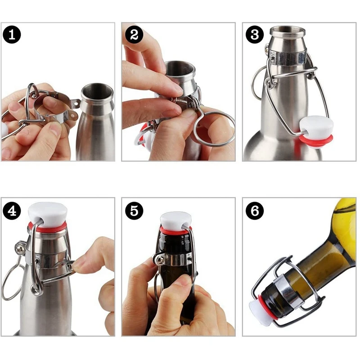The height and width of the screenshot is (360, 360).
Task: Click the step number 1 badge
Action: pos(12,35)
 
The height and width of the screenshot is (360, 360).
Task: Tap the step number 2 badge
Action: pos(133,35)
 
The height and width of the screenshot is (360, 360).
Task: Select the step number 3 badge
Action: pos(254,35)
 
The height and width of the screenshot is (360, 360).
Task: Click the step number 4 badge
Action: pos(12,211)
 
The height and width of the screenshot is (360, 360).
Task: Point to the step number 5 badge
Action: pos(133,211)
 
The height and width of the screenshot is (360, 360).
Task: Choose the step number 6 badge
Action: pos(254,211)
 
